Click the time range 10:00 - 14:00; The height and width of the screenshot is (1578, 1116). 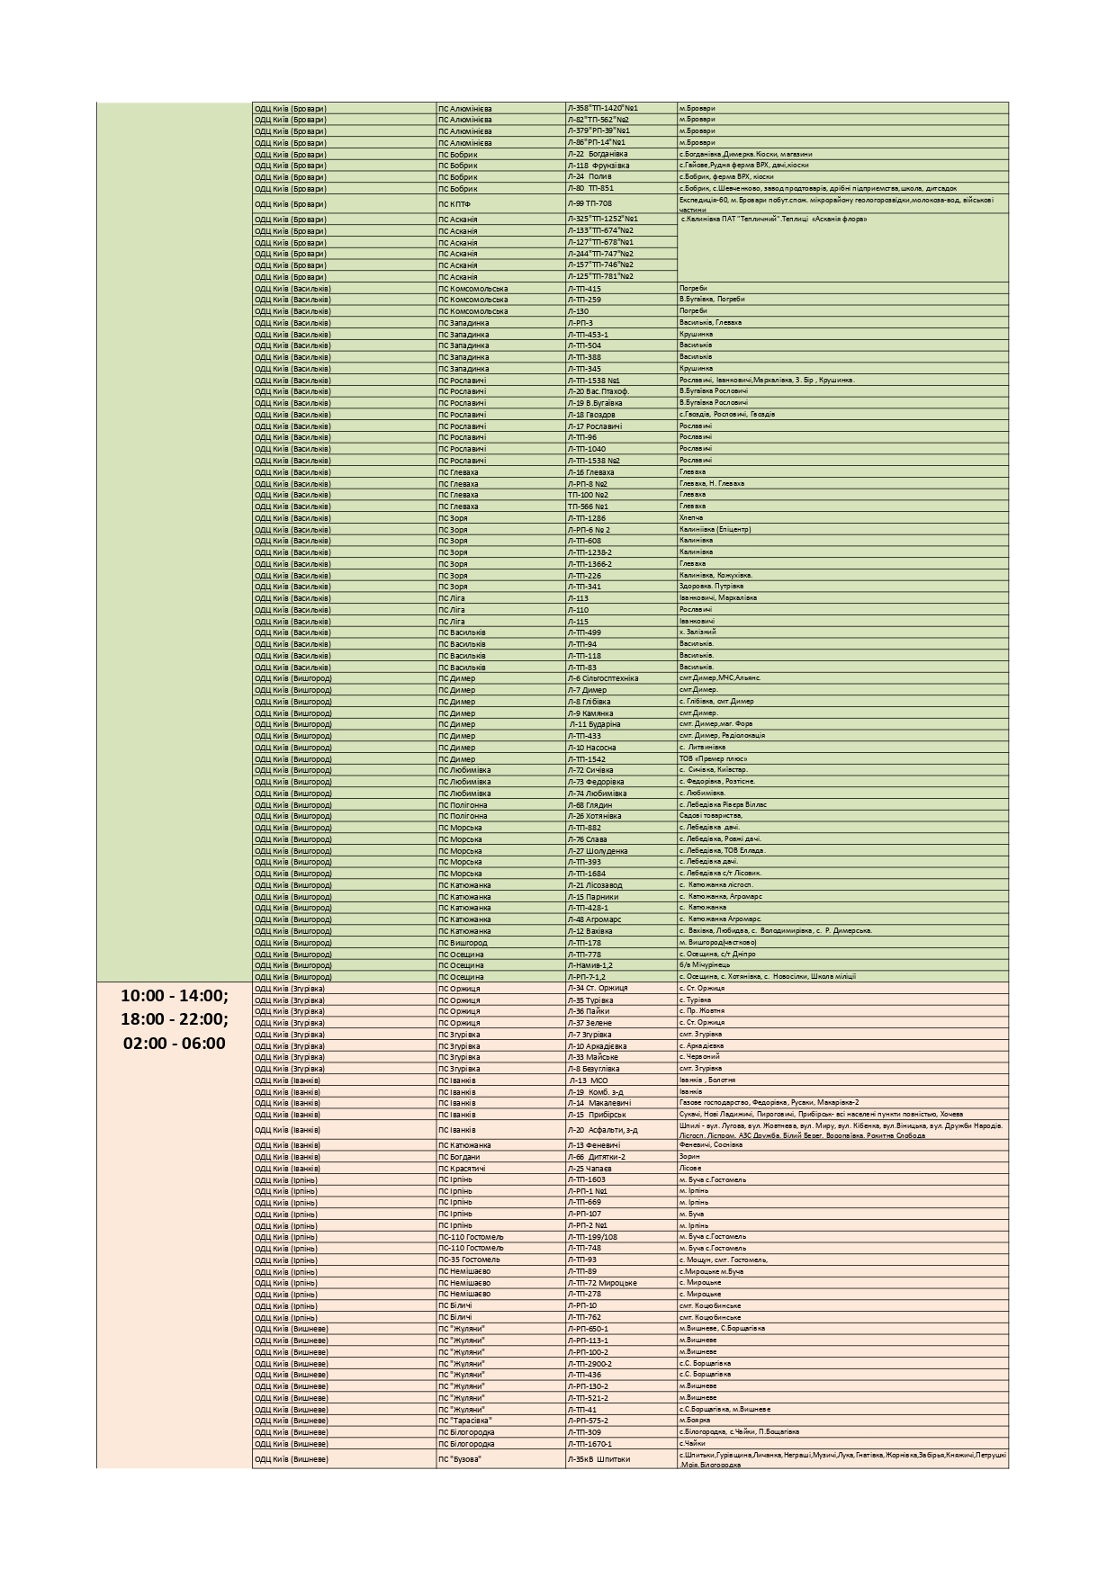pyautogui.click(x=175, y=996)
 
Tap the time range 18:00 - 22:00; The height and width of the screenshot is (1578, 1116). pyautogui.click(x=175, y=1019)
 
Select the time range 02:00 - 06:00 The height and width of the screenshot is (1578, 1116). pyautogui.click(x=175, y=1044)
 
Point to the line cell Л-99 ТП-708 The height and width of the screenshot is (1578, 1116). pyautogui.click(x=589, y=204)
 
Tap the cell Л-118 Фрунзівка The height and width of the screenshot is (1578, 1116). pyautogui.click(x=598, y=166)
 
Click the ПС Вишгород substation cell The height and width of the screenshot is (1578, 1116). pyautogui.click(x=463, y=943)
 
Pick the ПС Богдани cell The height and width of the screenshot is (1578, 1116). pyautogui.click(x=460, y=1157)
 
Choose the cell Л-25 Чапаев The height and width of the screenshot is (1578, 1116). pyautogui.click(x=589, y=1169)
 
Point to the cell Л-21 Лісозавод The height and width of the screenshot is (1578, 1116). pyautogui.click(x=595, y=885)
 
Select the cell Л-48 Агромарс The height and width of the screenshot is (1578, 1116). pyautogui.click(x=595, y=919)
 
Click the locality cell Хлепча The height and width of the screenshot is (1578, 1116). pyautogui.click(x=691, y=518)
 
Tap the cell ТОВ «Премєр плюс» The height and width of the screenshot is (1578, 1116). pyautogui.click(x=714, y=759)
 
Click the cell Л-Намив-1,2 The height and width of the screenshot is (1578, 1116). pyautogui.click(x=590, y=965)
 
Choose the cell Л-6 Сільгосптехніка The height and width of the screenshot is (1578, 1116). pyautogui.click(x=603, y=678)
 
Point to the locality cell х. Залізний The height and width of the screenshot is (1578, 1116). pyautogui.click(x=697, y=632)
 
